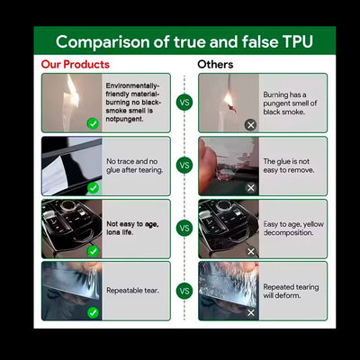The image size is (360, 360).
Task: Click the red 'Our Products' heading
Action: pos(76,65)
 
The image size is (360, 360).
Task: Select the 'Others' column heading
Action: pos(215,65)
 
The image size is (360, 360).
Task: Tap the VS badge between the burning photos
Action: pos(184,103)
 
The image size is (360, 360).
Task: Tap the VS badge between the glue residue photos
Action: pos(184,166)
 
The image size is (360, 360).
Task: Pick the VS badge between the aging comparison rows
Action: pos(184,229)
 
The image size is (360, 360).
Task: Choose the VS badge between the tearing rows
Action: pos(184,291)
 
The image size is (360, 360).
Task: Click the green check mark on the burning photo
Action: pos(93,123)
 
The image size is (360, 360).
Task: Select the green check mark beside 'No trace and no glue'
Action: pos(93,188)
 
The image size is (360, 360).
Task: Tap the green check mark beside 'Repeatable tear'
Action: pos(93,313)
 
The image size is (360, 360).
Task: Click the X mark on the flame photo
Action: pos(251,125)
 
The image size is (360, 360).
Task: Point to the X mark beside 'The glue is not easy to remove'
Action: pos(251,188)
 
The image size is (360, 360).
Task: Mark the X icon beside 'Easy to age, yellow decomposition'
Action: pos(251,251)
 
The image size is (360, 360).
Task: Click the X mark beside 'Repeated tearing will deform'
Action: pos(251,313)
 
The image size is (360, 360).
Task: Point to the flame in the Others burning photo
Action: pos(229,99)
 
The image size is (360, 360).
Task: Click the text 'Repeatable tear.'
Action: pos(132,291)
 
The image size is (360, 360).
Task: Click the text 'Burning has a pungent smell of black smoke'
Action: pos(290,103)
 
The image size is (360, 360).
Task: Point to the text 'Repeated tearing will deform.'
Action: pos(291,291)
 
